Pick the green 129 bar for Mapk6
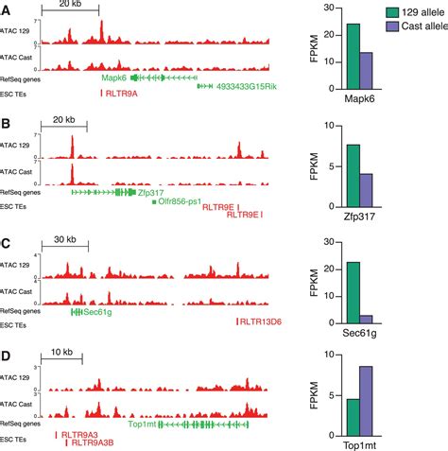pos(353,60)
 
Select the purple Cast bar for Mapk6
pos(367,74)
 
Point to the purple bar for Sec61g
pos(367,321)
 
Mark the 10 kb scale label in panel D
pos(61,353)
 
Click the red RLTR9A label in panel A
pos(121,95)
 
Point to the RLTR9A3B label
pos(92,442)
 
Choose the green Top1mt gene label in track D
pos(142,425)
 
